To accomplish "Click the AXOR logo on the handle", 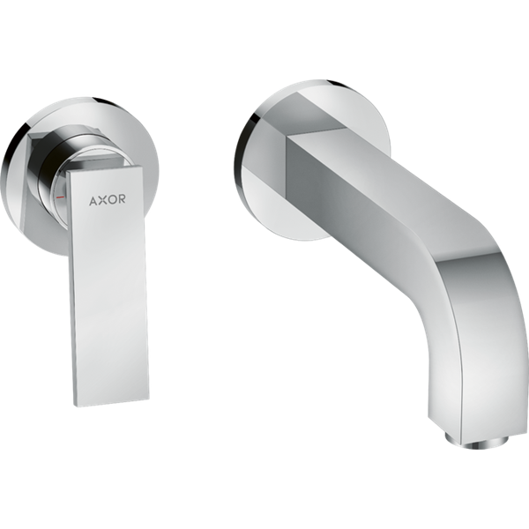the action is click(108, 199).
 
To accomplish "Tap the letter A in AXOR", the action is click(93, 200).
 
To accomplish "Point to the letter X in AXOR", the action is click(102, 200).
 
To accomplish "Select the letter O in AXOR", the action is click(112, 199).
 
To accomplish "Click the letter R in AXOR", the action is click(122, 199).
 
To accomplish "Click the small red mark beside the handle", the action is click(60, 196).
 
